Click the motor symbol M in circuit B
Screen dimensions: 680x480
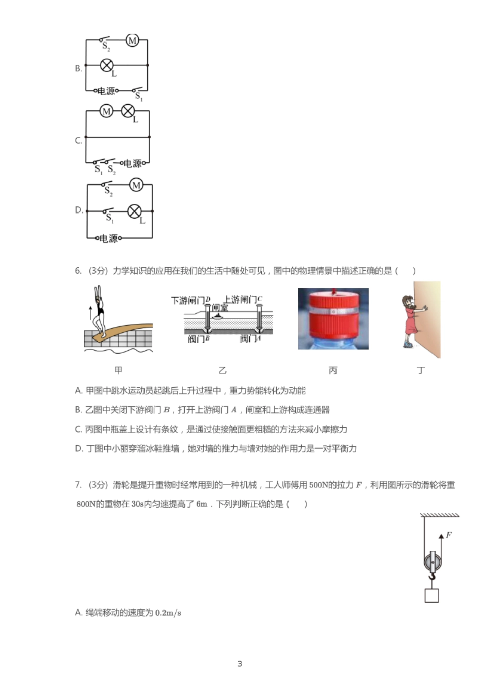pos(132,40)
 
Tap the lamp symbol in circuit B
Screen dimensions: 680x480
pos(107,65)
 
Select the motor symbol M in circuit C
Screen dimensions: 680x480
pos(106,111)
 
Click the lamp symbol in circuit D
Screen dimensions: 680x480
pos(134,211)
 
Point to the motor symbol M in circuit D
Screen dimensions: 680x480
pos(136,185)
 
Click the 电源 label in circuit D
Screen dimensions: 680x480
pos(108,238)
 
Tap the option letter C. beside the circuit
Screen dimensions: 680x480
pos(78,140)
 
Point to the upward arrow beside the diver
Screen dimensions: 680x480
pos(91,312)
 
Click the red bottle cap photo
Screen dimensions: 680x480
pos(333,319)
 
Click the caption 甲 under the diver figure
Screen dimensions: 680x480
pos(118,371)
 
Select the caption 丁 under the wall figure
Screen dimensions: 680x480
pos(421,371)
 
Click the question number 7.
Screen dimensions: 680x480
pos(78,485)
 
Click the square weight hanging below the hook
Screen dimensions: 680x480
pos(431,596)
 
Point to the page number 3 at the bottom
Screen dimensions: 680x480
pos(240,664)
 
